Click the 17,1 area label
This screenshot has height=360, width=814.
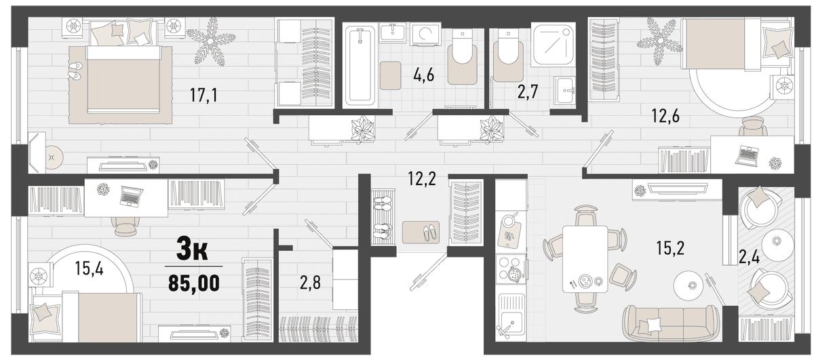(203, 95)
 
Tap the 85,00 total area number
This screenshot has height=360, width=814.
(194, 283)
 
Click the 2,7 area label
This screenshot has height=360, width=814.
(528, 92)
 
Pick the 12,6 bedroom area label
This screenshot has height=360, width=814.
(665, 116)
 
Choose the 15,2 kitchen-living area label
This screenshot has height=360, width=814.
(670, 248)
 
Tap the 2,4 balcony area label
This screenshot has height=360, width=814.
(749, 258)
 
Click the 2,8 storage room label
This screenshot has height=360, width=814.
(310, 283)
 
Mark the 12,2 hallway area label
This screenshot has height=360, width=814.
(421, 179)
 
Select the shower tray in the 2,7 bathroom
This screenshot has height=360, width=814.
(553, 44)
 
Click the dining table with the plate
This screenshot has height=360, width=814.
(585, 259)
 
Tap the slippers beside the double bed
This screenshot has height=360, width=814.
(75, 70)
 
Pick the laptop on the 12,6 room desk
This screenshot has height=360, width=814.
(746, 155)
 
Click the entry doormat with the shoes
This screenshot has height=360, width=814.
(421, 232)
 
